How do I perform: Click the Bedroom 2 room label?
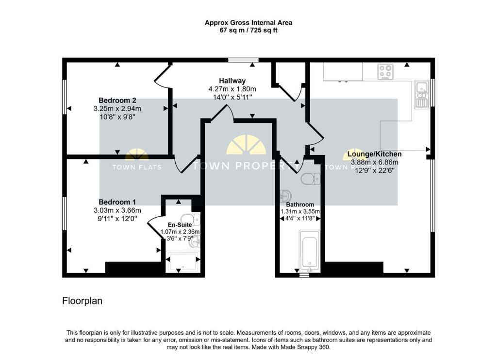click(x=117, y=101)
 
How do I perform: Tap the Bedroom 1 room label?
click(x=117, y=202)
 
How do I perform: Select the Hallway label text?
click(x=232, y=81)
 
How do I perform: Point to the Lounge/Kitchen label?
click(x=375, y=154)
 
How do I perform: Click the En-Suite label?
click(x=179, y=225)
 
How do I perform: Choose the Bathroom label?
click(x=300, y=205)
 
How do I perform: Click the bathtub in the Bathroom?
click(x=309, y=251)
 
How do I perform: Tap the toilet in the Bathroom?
click(x=309, y=179)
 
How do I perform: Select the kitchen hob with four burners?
click(x=385, y=72)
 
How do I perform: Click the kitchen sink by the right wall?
click(x=421, y=94)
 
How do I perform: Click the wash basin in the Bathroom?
click(x=284, y=197)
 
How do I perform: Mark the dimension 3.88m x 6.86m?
click(x=375, y=162)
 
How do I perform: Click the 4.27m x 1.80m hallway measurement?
click(x=232, y=89)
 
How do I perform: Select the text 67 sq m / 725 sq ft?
click(x=248, y=30)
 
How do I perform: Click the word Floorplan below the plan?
click(x=82, y=301)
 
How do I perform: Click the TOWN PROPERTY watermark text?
click(x=248, y=166)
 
